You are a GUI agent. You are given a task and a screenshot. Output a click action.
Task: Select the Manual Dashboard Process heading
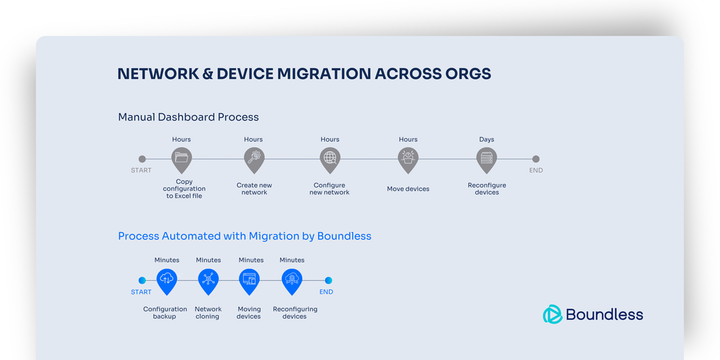[x=189, y=117]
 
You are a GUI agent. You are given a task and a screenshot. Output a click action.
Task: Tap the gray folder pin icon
[x=181, y=158]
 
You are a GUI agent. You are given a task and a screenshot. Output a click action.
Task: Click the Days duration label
[x=486, y=139]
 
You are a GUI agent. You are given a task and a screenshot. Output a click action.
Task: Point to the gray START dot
[x=142, y=159]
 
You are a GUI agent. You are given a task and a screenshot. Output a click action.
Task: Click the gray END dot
[x=535, y=159]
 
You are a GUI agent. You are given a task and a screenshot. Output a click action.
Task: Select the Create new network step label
[x=254, y=189]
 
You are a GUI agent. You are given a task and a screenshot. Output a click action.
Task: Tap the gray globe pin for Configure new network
[x=330, y=158]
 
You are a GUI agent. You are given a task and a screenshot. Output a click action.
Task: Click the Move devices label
[x=408, y=189]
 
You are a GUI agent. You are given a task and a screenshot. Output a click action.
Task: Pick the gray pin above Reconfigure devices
[x=486, y=158]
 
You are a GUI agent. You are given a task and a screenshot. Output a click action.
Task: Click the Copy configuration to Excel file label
[x=184, y=189]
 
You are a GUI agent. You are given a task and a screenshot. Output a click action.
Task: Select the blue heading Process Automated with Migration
[x=244, y=236]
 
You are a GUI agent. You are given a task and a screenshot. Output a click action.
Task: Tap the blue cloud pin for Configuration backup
[x=167, y=279]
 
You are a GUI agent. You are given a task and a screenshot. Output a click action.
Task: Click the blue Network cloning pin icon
[x=208, y=279]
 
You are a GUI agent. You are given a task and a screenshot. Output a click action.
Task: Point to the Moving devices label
[x=249, y=313]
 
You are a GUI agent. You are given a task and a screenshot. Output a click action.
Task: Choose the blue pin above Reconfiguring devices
[x=292, y=279]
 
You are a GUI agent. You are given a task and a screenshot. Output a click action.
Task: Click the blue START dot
[x=142, y=280]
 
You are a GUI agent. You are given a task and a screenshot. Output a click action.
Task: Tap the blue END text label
[x=326, y=292]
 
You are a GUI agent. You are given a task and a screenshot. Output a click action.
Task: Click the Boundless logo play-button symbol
[x=552, y=315]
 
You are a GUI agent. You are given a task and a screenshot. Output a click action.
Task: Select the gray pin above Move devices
[x=408, y=158]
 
